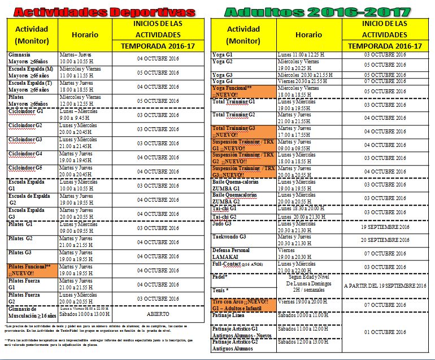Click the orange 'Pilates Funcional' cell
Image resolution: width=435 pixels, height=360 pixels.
click(x=32, y=270)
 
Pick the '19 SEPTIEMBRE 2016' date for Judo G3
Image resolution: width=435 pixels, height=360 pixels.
click(x=385, y=226)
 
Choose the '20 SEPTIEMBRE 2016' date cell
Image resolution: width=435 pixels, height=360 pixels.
click(x=385, y=240)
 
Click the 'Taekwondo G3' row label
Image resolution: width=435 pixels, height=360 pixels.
click(x=229, y=237)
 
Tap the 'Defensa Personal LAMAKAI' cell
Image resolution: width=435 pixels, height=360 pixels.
click(x=233, y=253)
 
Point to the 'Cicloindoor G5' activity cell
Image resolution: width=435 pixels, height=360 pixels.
click(x=25, y=168)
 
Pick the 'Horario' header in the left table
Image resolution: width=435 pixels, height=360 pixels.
click(x=85, y=35)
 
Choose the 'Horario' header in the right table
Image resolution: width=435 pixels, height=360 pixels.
click(x=308, y=35)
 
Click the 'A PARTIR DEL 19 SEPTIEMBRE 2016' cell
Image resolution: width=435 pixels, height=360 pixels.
click(x=385, y=286)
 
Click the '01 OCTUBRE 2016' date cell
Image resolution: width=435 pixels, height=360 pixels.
click(x=385, y=332)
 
